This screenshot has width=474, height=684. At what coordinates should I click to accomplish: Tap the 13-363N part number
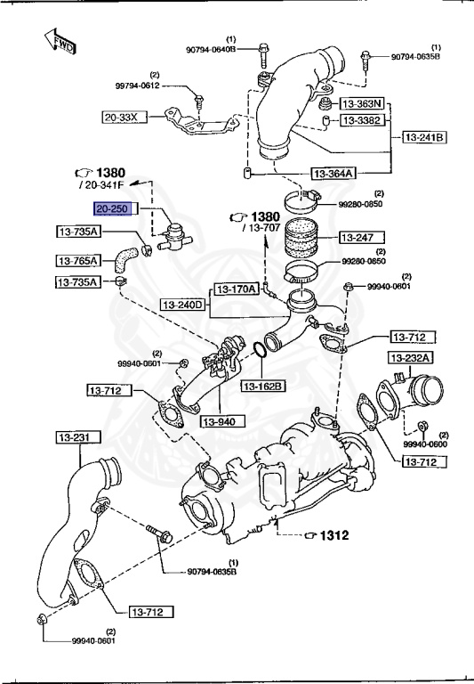pos(363,102)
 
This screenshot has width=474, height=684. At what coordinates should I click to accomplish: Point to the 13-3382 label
pos(363,120)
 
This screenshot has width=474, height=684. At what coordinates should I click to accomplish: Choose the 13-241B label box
pos(425,137)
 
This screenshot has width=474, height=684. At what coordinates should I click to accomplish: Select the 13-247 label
pos(361,238)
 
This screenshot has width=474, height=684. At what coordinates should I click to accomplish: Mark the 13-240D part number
pos(183,305)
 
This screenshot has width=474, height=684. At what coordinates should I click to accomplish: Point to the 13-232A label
pos(410,358)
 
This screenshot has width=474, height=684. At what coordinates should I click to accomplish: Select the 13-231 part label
pos(77,437)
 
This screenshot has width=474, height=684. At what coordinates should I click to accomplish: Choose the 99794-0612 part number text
pos(137,85)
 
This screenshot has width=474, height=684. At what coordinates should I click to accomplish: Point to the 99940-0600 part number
pos(424,444)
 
